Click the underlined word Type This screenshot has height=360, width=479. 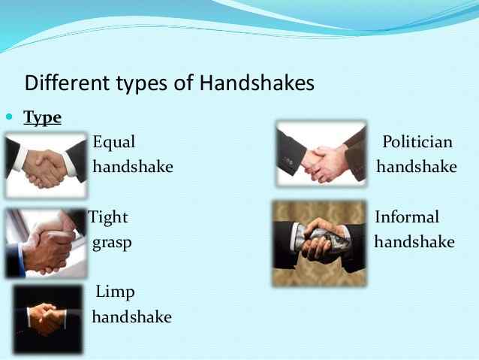(x=43, y=118)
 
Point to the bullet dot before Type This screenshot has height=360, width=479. (x=10, y=118)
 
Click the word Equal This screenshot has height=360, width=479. (x=114, y=141)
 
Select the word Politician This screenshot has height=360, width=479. (x=417, y=141)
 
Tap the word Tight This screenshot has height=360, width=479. (x=110, y=217)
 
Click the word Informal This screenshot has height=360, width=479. (x=407, y=217)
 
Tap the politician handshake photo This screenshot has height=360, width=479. (x=321, y=154)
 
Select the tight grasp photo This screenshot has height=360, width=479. (x=45, y=242)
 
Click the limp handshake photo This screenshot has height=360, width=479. (x=47, y=319)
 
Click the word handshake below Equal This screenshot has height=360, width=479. (x=132, y=167)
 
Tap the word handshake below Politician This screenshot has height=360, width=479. (x=417, y=167)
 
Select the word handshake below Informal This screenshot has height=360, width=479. (x=414, y=243)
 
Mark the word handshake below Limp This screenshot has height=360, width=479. (x=131, y=317)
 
